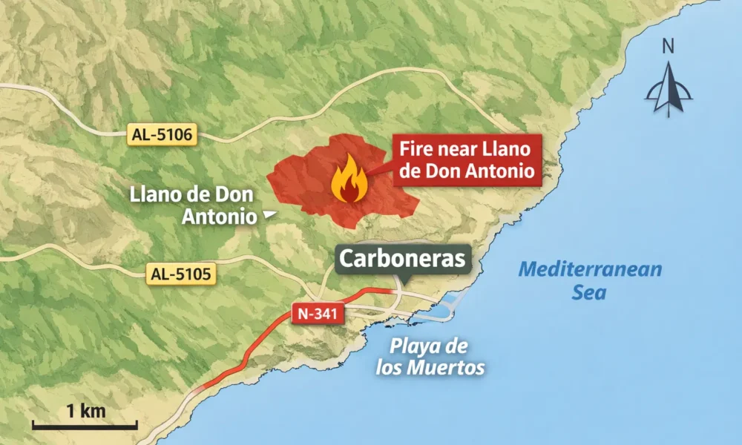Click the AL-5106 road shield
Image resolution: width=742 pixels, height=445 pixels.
(162, 135)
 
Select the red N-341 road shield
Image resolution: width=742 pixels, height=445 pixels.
(319, 314)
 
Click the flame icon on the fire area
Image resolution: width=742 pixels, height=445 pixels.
(348, 182)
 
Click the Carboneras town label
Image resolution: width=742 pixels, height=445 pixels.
(404, 259)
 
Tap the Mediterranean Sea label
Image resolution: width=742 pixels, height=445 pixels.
(589, 280)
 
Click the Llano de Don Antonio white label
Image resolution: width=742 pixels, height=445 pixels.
(191, 205)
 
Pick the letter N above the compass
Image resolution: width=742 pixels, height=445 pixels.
(669, 47)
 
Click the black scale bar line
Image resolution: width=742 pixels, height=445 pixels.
(85, 426)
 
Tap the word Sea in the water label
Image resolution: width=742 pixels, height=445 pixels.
(589, 292)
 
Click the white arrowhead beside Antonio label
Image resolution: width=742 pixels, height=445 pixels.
(269, 215)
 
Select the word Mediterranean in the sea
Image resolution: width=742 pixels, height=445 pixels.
(589, 268)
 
